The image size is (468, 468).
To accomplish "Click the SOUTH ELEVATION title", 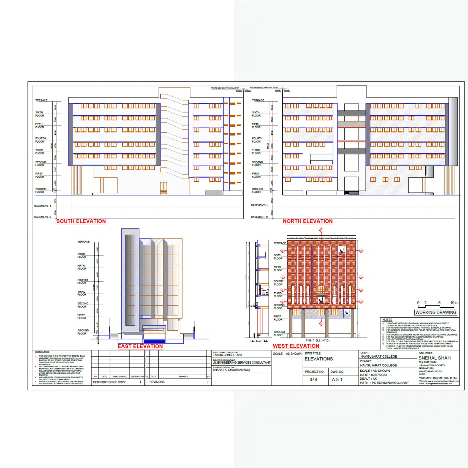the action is click(x=81, y=221).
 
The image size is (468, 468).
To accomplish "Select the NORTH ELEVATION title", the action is click(x=308, y=221).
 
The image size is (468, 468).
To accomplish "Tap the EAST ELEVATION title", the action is click(x=140, y=346).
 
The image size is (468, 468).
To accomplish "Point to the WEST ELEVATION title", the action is click(x=296, y=346).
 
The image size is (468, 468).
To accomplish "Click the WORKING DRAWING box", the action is click(x=436, y=312).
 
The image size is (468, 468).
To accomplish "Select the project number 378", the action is click(x=313, y=379).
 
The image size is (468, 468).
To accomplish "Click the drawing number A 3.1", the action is click(x=337, y=379).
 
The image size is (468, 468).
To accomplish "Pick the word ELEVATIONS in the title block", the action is click(x=319, y=359).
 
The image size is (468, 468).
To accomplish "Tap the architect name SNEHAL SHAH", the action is click(x=434, y=358).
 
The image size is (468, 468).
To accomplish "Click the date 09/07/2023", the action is click(x=379, y=375).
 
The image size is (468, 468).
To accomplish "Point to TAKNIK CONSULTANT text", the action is click(x=227, y=355).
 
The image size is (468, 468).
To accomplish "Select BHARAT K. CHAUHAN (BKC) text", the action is click(x=231, y=370).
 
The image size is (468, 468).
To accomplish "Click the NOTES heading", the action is click(x=387, y=320).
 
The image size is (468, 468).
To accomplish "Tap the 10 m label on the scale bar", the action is click(x=454, y=303).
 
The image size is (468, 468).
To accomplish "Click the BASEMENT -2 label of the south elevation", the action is click(x=43, y=217).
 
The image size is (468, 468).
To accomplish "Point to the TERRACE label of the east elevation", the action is click(x=83, y=242).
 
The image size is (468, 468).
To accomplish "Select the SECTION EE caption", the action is click(x=259, y=341).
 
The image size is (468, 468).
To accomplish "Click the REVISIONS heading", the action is click(x=157, y=382).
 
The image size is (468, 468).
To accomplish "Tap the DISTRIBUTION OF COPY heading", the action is click(x=109, y=382).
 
